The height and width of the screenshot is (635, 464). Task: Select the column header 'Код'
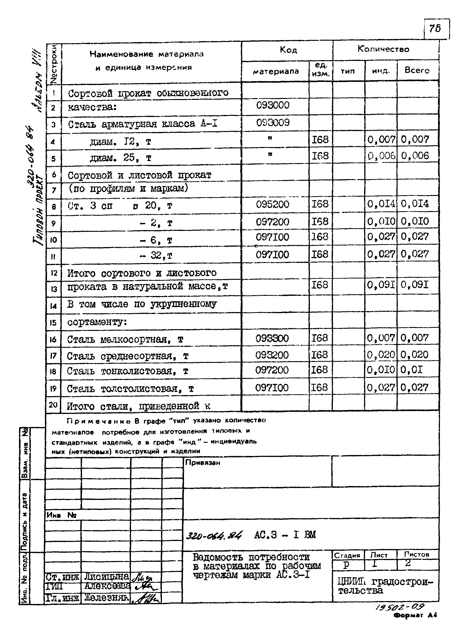point(288,50)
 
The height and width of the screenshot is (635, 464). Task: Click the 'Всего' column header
point(417,70)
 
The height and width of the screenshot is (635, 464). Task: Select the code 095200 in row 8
point(272,204)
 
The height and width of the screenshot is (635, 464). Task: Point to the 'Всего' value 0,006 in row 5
point(415,156)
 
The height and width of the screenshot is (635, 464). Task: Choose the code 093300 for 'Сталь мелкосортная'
point(272,338)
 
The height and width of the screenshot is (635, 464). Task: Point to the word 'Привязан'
point(202,463)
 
